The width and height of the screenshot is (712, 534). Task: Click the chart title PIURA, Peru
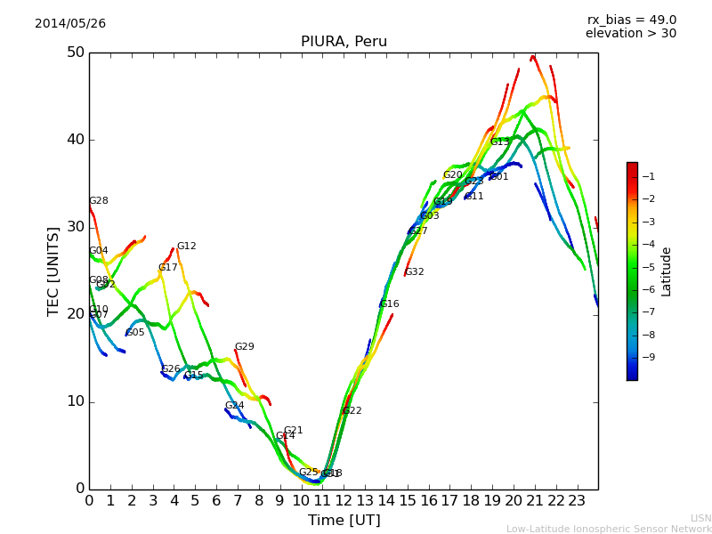coord(344,42)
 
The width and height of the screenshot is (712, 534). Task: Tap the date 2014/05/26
coord(70,24)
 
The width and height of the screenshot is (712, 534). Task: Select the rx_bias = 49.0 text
coord(632,20)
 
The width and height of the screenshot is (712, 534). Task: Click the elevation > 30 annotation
coord(630,34)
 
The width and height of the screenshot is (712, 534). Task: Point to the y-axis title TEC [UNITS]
coord(53,271)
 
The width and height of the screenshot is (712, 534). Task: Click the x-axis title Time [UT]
coord(344,521)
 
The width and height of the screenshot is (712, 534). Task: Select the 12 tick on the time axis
coord(344,501)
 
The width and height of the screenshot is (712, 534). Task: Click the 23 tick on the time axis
coord(577,501)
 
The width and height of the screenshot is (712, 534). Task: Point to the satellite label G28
coord(99,201)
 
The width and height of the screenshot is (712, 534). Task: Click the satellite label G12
coord(187,247)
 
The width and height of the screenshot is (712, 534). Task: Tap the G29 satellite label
coord(245,347)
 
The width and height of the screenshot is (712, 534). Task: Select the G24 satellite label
coord(234,406)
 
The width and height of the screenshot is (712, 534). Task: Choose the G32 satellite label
coord(415,272)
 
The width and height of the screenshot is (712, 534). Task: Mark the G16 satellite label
coord(390,304)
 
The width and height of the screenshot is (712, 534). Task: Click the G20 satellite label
coord(453,175)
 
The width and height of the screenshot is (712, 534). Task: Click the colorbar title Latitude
coord(667,271)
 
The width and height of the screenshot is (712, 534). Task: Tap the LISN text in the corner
coord(700,518)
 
